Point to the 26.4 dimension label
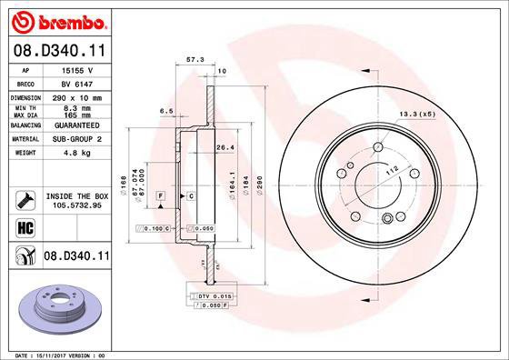click(x=225, y=146)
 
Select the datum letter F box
click(x=160, y=196)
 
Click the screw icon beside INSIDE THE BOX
click(x=25, y=200)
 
